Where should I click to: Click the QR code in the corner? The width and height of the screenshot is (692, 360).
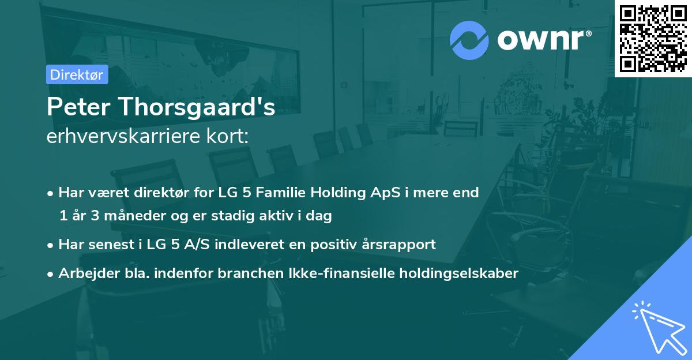click(x=653, y=38)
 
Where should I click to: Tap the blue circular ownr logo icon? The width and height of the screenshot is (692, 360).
click(x=469, y=40)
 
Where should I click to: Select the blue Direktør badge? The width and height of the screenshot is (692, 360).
click(x=77, y=74)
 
